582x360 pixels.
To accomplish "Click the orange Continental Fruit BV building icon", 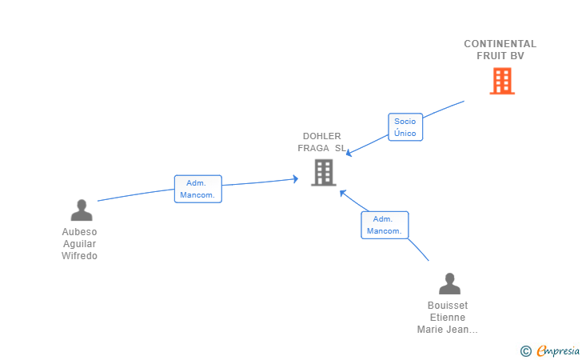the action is coord(502,81).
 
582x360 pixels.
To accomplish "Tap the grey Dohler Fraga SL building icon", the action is coord(324,172).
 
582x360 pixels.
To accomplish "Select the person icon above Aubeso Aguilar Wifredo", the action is coord(82,210).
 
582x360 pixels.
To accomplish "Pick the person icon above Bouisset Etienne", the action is coord(450,283).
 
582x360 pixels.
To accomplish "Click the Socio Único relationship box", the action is coord(405,127).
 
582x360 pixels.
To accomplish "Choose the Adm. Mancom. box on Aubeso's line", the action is coord(198,189).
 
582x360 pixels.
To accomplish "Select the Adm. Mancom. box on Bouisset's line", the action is coord(385,225).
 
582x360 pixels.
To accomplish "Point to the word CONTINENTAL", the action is coord(500,44).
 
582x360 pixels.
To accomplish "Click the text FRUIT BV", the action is coord(500,56).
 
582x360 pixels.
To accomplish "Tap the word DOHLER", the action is coord(322,136).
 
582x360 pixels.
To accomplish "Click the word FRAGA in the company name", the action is coord(313,148).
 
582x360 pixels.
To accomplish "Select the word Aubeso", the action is coord(79,232).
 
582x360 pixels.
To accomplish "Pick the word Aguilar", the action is coord(79,244).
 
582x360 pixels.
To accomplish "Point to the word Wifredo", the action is coord(79,256).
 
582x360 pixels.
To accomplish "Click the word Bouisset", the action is coord(448,306).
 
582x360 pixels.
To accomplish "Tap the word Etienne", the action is coord(448,318).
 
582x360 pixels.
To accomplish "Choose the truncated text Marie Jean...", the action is coord(447,330).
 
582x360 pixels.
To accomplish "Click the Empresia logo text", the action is coord(558,350).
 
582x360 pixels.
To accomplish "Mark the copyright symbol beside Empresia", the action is coord(526,351).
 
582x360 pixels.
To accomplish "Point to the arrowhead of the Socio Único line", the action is coord(349,153).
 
